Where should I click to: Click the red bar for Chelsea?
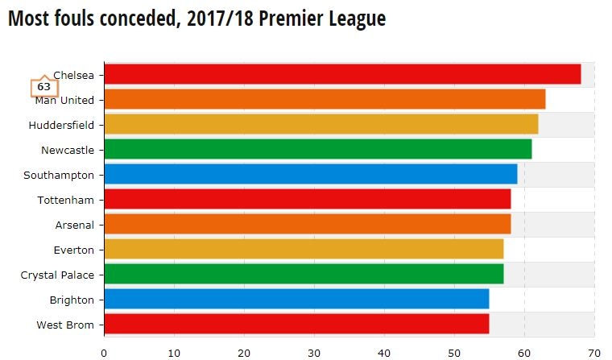click(342, 74)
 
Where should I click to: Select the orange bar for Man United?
click(325, 99)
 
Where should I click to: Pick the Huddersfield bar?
click(321, 124)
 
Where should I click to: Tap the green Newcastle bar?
click(318, 149)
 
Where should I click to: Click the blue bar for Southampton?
click(311, 174)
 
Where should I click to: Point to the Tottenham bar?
click(307, 199)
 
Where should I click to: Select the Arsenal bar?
click(307, 224)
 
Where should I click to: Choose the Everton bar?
click(304, 249)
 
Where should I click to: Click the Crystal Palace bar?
click(304, 274)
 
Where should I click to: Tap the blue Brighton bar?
click(296, 299)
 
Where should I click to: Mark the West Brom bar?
click(296, 324)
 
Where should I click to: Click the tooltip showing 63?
click(43, 87)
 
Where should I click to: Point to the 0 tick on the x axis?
click(104, 352)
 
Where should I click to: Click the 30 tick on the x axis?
click(314, 352)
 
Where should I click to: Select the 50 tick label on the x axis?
click(454, 352)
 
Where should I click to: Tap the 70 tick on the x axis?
click(594, 352)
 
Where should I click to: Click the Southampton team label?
click(59, 175)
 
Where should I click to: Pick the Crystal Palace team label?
click(57, 275)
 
